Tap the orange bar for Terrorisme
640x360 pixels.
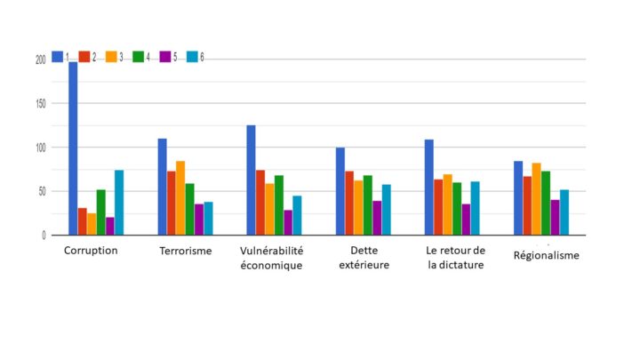[180, 198]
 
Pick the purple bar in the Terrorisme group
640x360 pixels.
[199, 220]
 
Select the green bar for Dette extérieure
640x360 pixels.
[367, 205]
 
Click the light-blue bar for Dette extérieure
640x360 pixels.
[386, 210]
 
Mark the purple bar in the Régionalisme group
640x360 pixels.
[555, 218]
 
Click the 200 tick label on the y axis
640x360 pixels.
[40, 60]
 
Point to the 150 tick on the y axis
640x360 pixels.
[40, 104]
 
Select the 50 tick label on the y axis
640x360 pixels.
[42, 191]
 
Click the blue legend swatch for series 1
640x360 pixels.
[57, 56]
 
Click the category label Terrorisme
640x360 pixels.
[185, 251]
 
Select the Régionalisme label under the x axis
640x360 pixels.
[547, 256]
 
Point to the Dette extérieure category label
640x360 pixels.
[364, 258]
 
